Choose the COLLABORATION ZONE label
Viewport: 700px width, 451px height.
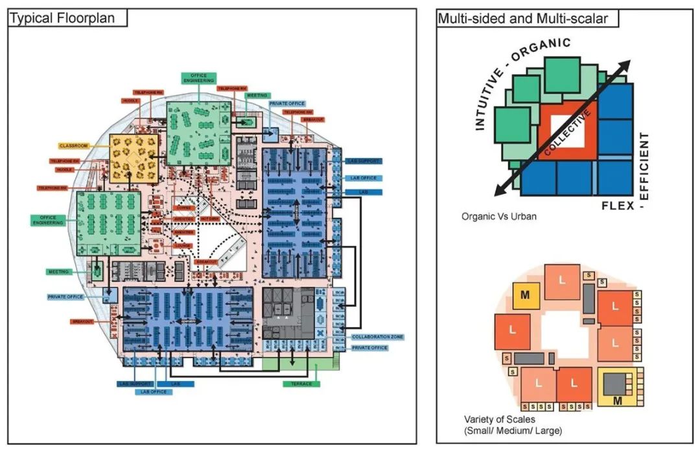[x=378, y=337]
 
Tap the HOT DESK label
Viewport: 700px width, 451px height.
[x=211, y=219]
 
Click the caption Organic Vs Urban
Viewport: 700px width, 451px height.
[x=498, y=216]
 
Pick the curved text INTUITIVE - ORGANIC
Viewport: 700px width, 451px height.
[x=519, y=78]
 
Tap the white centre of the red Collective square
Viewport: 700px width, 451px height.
[x=571, y=132]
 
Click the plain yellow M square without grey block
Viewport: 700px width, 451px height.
[x=526, y=295]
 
